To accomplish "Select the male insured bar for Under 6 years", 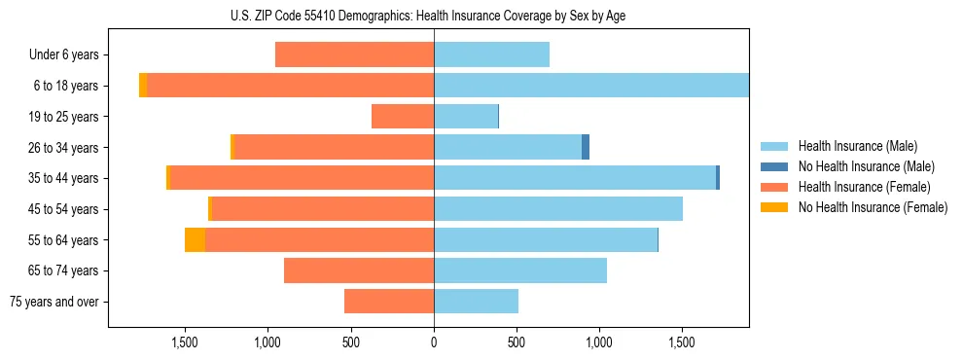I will (491, 54).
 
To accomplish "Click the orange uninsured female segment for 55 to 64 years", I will (195, 239).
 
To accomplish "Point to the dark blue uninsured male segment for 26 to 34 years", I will (586, 147).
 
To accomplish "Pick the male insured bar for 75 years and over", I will (476, 302).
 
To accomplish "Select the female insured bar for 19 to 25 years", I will (403, 117).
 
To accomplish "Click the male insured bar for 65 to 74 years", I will (520, 270).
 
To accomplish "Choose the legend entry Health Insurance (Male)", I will (857, 146).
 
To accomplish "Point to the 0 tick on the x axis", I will (434, 342).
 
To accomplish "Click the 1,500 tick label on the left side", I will (185, 342).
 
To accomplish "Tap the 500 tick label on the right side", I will (517, 342).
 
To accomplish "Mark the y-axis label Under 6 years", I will (64, 54).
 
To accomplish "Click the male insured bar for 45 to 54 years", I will (558, 209).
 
